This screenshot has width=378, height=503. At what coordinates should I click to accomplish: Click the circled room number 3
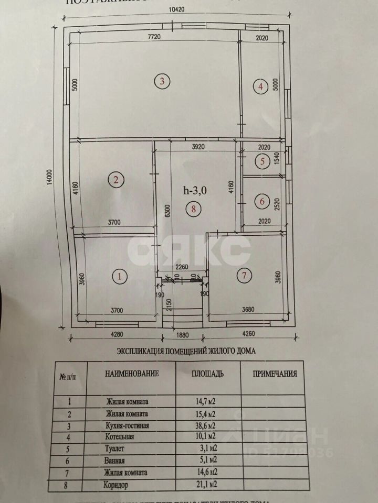[162, 81]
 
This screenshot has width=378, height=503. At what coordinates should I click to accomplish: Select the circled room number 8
[194, 210]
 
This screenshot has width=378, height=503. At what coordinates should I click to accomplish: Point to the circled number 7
[243, 276]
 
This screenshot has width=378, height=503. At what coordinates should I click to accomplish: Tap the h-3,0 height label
[196, 191]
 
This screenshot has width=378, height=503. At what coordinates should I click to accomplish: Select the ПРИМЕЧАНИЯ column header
[275, 374]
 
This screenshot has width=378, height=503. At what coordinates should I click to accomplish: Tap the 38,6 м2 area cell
[205, 426]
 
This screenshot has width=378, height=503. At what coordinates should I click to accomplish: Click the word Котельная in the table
[120, 436]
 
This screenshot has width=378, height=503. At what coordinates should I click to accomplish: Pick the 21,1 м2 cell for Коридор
[205, 485]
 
